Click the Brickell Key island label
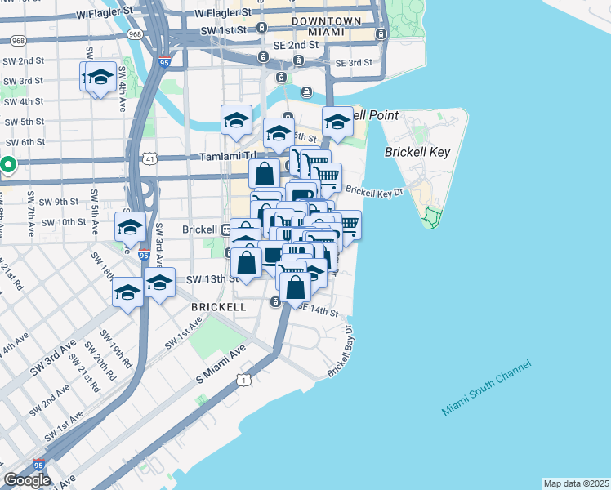[417, 152]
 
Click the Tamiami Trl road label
[228, 156]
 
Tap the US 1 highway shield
[243, 379]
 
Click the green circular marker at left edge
[7, 166]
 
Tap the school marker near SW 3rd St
[100, 78]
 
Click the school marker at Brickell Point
[337, 122]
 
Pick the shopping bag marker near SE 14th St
[295, 286]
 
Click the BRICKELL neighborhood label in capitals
[218, 307]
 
